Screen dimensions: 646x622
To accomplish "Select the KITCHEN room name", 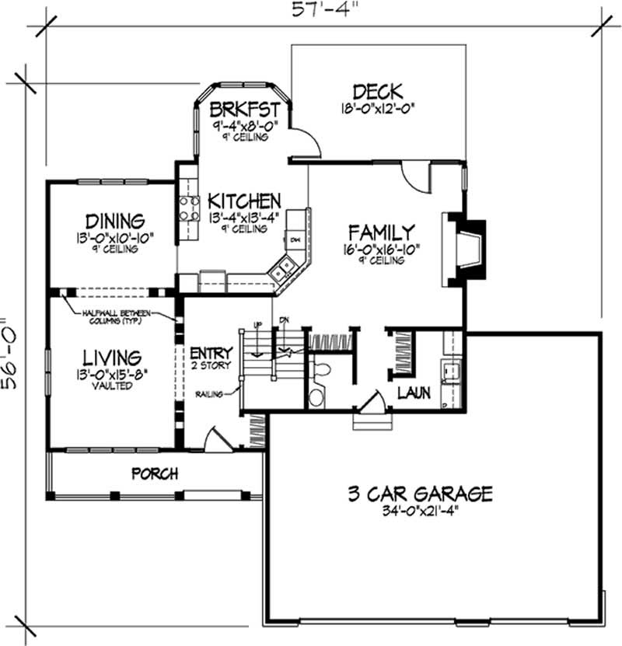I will pos(243,201).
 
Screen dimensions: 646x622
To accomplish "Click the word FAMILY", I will pos(381,232).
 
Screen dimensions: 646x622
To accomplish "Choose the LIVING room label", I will pos(112,358).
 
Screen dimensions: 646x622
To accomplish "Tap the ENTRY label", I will pos(211,352).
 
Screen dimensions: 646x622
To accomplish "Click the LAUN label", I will pos(414,393).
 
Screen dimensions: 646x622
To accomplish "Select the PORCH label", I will pos(154,473).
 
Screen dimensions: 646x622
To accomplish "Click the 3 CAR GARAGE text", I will pos(420,494).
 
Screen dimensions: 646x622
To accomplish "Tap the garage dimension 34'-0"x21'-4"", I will pos(420,512).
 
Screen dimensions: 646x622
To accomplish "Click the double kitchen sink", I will pos(282,270).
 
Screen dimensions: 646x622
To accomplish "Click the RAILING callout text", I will pos(210,394).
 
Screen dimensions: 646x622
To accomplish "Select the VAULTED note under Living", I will pos(112,386).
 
